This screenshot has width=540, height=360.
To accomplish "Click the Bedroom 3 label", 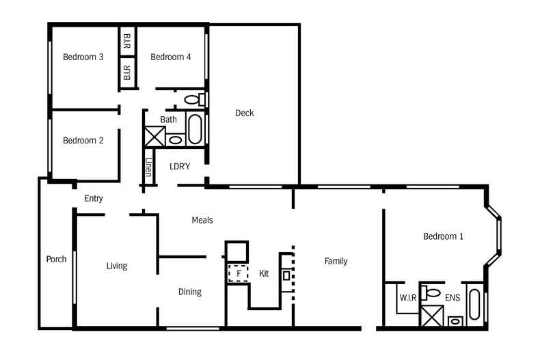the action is click(x=83, y=57).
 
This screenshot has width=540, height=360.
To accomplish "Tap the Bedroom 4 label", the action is click(x=170, y=57).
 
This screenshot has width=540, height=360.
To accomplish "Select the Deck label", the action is click(x=245, y=113).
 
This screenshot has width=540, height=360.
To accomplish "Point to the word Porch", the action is click(x=57, y=259).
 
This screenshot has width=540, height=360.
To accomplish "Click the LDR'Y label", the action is click(x=180, y=167).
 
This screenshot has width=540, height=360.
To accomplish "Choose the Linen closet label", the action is click(x=148, y=167).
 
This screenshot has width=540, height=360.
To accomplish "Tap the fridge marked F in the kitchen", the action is click(x=239, y=274).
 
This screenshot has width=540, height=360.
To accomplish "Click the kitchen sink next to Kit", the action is click(x=286, y=276).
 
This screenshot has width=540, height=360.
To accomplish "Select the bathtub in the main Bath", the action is click(x=195, y=129).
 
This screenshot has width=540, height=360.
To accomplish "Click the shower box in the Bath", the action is click(x=154, y=137).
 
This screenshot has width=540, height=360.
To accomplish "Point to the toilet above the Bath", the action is click(x=195, y=100).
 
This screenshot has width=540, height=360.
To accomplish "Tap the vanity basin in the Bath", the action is click(x=175, y=140).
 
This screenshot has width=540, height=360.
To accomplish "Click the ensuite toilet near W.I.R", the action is click(x=431, y=293).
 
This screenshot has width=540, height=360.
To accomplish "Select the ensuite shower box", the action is click(x=432, y=316).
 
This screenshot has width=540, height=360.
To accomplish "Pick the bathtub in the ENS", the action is click(x=474, y=305).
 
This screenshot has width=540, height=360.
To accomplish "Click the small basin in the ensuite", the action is click(x=455, y=322).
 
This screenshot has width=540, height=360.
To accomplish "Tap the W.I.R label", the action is click(x=408, y=298).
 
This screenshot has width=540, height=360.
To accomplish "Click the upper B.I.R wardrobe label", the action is click(x=126, y=40).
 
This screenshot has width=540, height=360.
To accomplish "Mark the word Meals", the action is click(x=202, y=220).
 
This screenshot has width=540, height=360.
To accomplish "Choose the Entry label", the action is click(x=94, y=199).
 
